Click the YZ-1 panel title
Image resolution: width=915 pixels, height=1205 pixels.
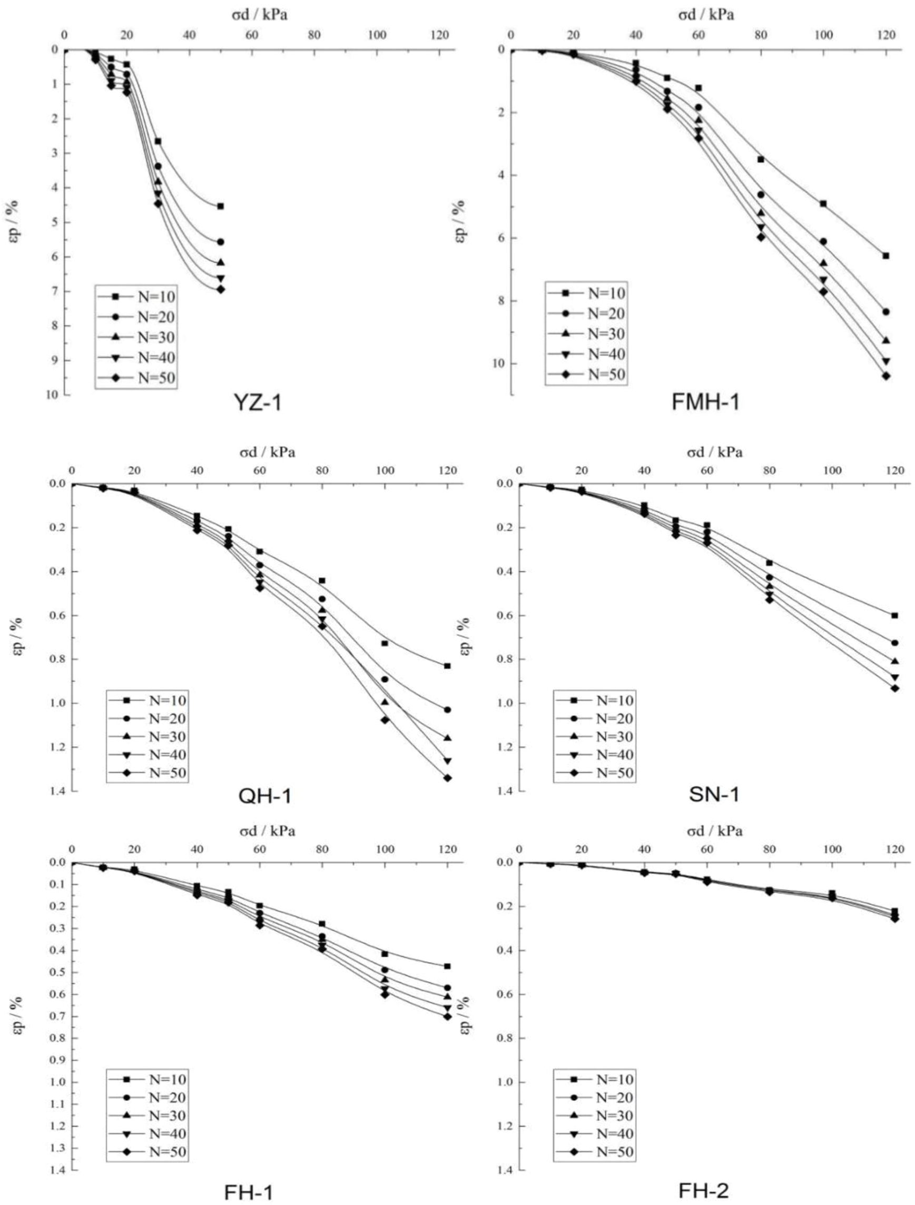(x=258, y=402)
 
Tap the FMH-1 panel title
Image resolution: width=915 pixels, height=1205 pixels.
(x=706, y=402)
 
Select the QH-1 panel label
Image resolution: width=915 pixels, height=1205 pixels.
(x=265, y=796)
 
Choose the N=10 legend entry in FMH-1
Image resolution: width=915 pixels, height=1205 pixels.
(x=586, y=293)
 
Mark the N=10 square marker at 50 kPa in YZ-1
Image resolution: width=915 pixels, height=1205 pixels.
(x=220, y=206)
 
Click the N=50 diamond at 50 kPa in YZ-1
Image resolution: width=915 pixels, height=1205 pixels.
(x=220, y=289)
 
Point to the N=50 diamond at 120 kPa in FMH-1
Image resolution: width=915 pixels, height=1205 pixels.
(x=886, y=376)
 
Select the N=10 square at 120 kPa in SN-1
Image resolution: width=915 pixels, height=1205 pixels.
(x=894, y=615)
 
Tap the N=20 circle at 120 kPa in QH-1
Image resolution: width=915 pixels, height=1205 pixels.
(x=447, y=710)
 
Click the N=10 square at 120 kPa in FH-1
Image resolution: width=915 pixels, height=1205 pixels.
(x=447, y=966)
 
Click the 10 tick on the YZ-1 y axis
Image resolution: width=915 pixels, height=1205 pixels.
(x=52, y=395)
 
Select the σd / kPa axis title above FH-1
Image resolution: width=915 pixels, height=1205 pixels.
(x=264, y=831)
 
